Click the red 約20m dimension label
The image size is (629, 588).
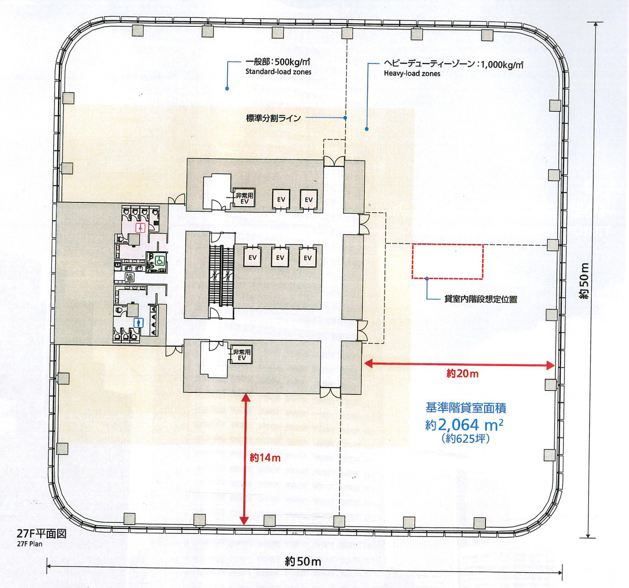(x=462, y=373)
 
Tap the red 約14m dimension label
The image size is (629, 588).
(x=265, y=457)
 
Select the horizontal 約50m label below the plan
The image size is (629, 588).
(x=303, y=562)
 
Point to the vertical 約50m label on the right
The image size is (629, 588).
(x=585, y=281)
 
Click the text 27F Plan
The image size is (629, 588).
(x=29, y=544)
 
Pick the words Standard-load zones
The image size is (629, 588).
(x=278, y=72)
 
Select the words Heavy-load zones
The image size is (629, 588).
(x=412, y=74)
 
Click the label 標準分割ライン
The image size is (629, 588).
(x=273, y=118)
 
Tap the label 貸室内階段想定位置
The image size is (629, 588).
(x=481, y=299)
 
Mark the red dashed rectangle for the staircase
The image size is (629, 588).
(x=447, y=261)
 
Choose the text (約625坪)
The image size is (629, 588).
(x=465, y=439)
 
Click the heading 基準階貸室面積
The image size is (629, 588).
(x=465, y=408)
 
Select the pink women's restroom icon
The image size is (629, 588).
(x=140, y=228)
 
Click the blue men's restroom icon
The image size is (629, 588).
(x=138, y=323)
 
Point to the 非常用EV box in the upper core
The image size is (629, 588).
(x=244, y=198)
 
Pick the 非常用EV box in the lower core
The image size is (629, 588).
(x=242, y=355)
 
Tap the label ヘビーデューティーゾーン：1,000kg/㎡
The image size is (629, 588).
(x=453, y=65)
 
